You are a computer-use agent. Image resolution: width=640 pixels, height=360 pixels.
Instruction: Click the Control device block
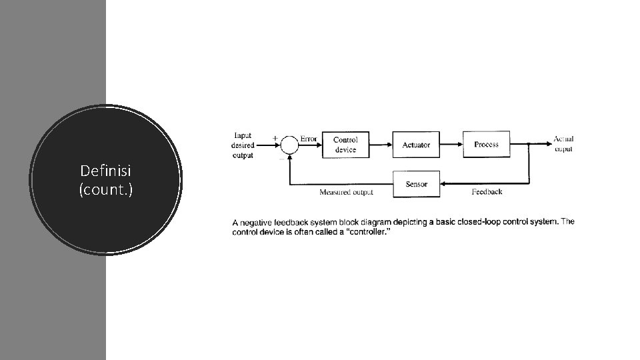click(x=345, y=145)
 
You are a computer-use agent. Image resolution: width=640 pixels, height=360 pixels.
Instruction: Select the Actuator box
click(x=416, y=145)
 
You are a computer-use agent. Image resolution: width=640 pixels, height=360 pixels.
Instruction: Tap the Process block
click(x=486, y=144)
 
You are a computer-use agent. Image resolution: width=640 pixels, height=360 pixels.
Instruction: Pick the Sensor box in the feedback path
click(x=416, y=184)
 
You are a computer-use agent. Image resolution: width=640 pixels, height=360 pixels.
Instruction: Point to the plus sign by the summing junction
click(x=275, y=138)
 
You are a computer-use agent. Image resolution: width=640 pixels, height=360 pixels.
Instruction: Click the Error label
click(x=309, y=139)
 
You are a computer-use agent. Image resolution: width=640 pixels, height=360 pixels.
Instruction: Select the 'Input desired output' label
click(x=243, y=145)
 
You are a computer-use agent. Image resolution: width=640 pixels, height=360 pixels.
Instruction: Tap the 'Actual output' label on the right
click(x=563, y=144)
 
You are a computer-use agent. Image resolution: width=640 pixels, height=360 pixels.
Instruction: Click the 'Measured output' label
click(x=346, y=193)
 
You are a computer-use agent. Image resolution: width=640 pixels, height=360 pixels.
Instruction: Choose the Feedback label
click(x=487, y=192)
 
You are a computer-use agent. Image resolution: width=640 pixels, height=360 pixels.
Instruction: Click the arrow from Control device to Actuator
click(x=380, y=145)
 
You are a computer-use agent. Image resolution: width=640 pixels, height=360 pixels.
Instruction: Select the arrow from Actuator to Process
click(x=451, y=145)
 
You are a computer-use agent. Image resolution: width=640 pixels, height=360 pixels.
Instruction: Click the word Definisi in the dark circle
click(x=106, y=171)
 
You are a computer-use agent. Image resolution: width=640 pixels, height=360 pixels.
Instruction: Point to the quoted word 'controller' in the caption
click(x=364, y=232)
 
